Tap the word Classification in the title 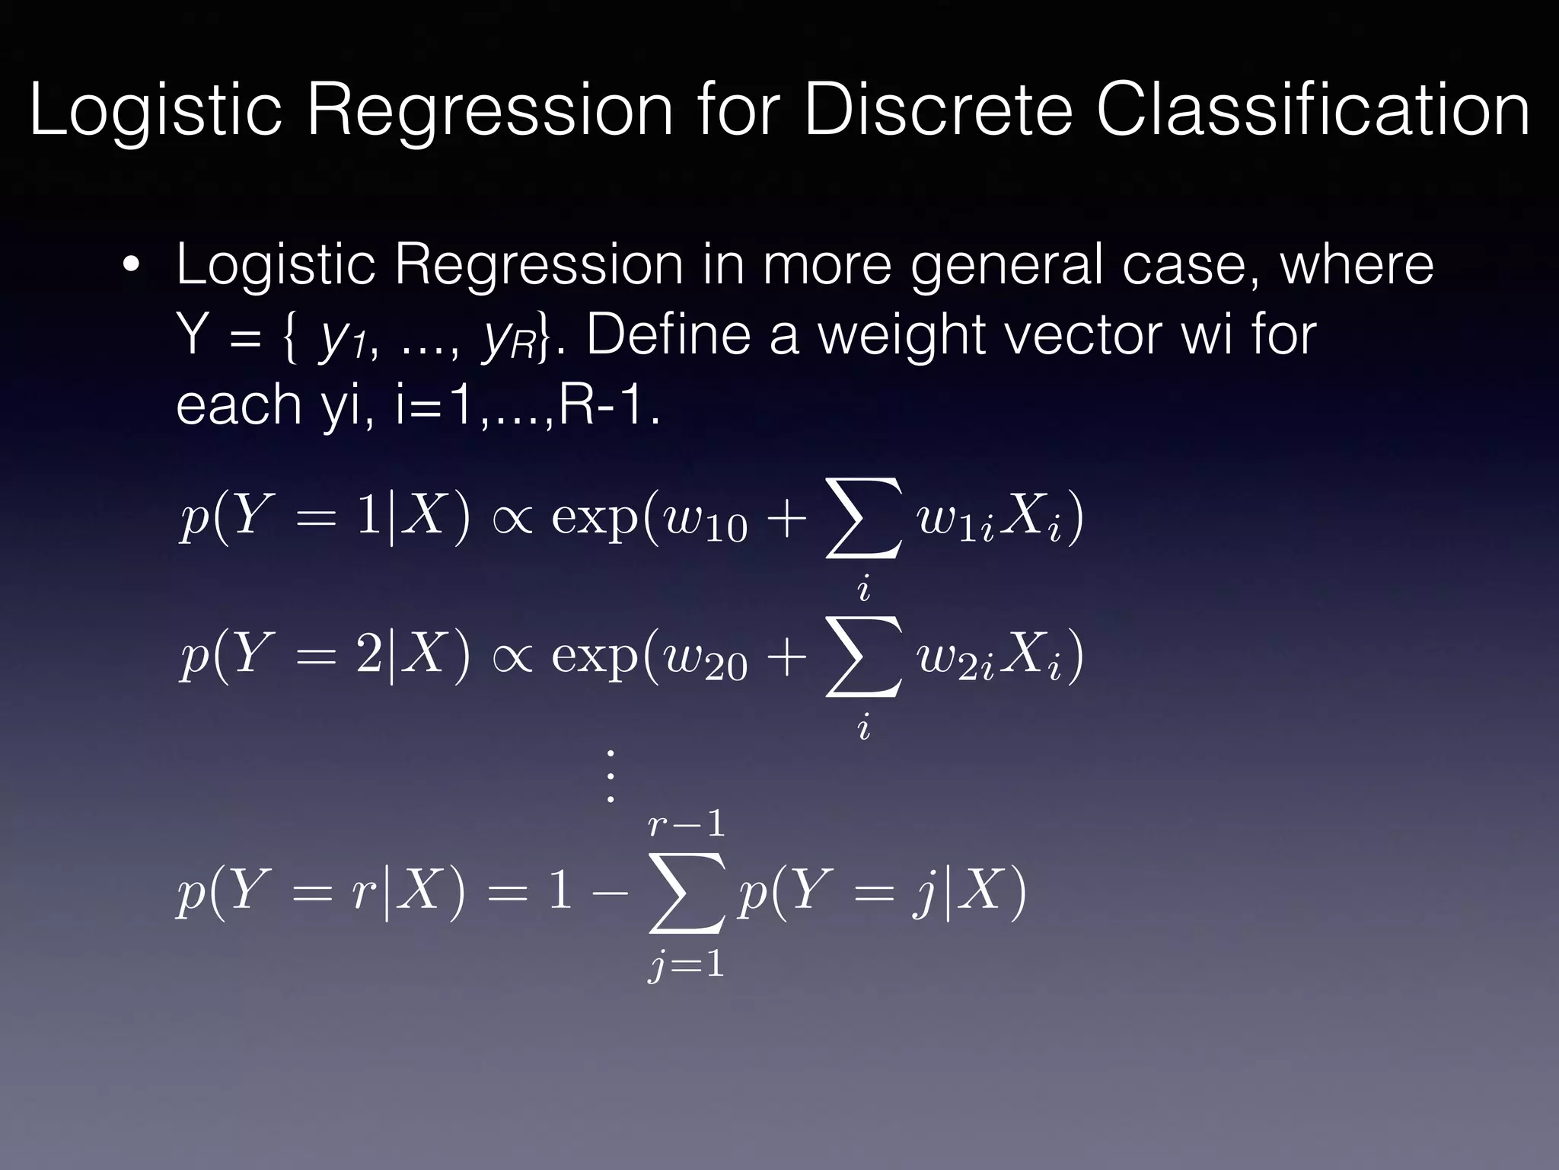[1312, 110]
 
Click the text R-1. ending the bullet [609, 404]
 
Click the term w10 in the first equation [705, 521]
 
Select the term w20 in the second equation [705, 658]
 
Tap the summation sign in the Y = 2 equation [864, 657]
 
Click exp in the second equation [594, 657]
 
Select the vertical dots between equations [609, 776]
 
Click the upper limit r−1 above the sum [686, 825]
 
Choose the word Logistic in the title [155, 110]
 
